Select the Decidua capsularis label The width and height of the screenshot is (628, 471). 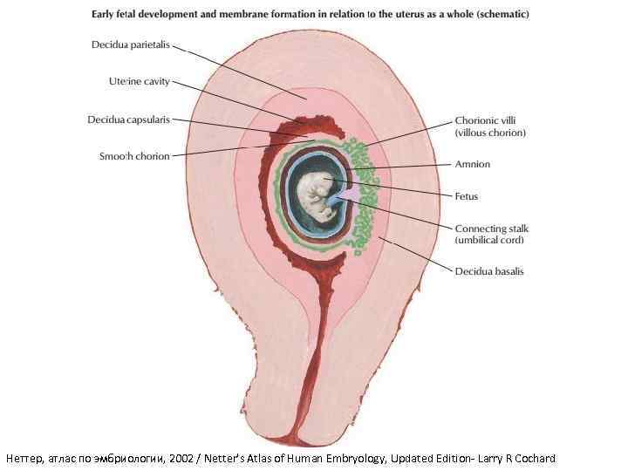tap(128, 119)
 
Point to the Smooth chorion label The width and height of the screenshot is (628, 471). tap(135, 156)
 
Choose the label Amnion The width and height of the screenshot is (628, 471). tap(473, 164)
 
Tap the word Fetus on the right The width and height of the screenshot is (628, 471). tap(467, 196)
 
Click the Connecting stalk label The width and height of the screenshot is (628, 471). tap(492, 229)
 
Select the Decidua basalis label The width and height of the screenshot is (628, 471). tap(489, 271)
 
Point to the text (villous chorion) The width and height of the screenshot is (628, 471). tap(490, 133)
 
